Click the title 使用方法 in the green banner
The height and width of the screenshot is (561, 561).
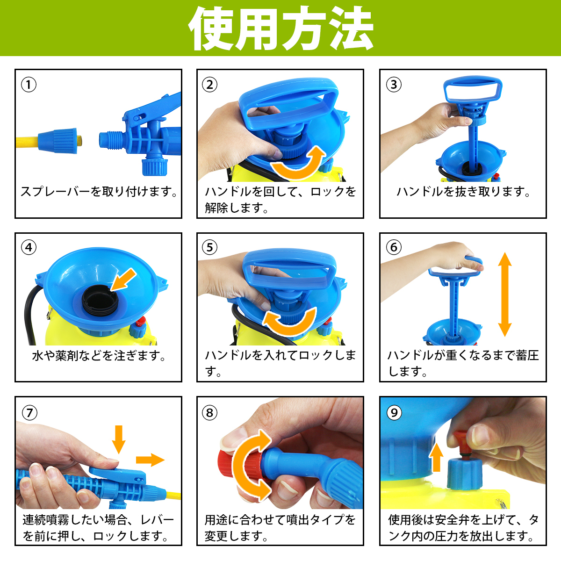point(280,28)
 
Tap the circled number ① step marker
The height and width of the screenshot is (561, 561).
point(29,85)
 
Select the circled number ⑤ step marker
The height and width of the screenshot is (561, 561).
point(209,247)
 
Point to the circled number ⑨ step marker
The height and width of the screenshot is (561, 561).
point(394,412)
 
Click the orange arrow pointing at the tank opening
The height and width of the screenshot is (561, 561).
point(123,280)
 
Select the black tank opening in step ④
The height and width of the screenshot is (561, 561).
point(100,302)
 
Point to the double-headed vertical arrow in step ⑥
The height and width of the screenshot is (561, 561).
point(504,295)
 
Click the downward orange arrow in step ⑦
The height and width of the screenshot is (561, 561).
point(118,439)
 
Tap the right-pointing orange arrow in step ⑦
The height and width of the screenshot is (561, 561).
point(150,460)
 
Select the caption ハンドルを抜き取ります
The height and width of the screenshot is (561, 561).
point(463,192)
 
